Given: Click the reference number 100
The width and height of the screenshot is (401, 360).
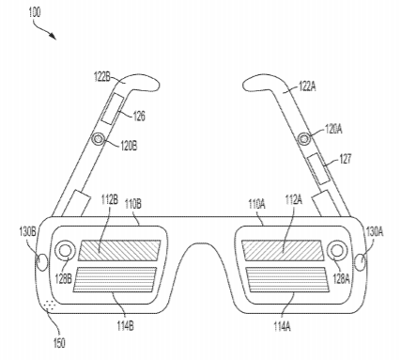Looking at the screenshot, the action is pos(35,12).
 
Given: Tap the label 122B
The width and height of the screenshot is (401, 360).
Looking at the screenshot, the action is pos(102,77).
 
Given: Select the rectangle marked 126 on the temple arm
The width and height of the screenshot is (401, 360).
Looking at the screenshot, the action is pos(113,109).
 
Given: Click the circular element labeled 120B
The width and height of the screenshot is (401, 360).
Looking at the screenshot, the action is pos(99,138).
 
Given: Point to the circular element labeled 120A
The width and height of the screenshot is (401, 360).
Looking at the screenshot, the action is pos(303,138).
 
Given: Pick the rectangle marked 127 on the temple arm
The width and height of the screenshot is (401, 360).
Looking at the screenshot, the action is pos(318,169).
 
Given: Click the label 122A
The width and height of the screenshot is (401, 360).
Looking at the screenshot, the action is pos(307,86).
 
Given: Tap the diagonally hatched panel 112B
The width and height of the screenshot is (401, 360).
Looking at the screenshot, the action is pos(119,250).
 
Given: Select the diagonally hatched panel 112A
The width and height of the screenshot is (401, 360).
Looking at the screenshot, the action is pos(283,250).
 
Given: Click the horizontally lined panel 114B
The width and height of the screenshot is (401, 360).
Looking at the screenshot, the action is pos(115,279).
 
